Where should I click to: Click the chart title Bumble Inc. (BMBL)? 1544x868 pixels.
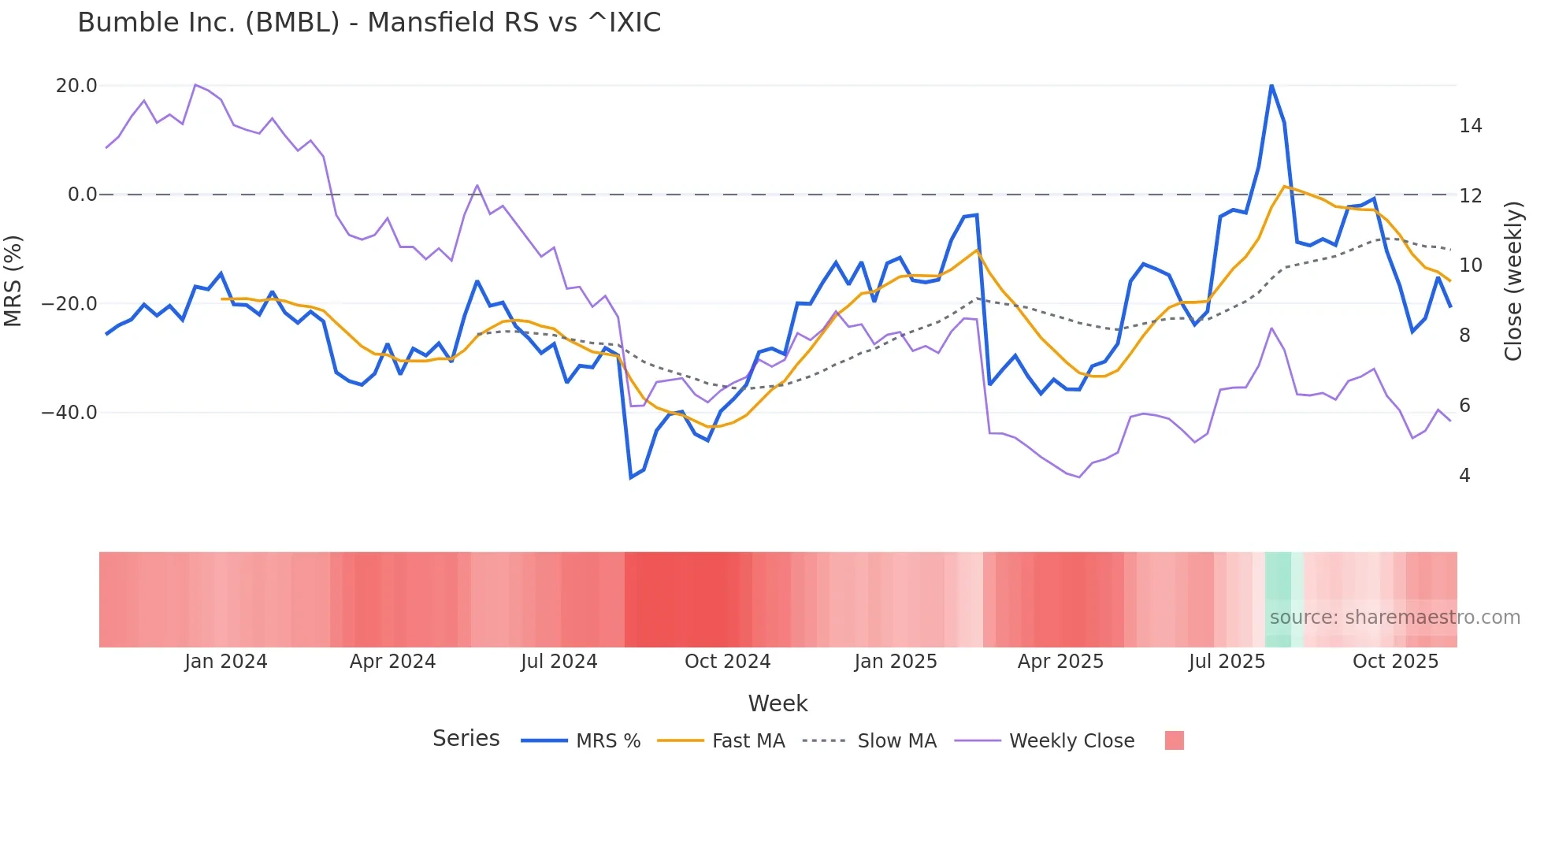[x=369, y=23]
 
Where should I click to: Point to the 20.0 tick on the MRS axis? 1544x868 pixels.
[x=76, y=86]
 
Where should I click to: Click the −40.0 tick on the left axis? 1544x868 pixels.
[x=69, y=413]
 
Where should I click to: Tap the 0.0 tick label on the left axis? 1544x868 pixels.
[x=82, y=195]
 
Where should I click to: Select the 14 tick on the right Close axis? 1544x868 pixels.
[x=1470, y=126]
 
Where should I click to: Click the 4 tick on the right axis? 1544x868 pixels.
[x=1464, y=476]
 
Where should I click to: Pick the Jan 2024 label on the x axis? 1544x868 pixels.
[x=226, y=662]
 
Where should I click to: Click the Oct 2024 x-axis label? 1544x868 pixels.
[x=727, y=662]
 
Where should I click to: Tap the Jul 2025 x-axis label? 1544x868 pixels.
[x=1227, y=662]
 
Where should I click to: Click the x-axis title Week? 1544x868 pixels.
[x=778, y=703]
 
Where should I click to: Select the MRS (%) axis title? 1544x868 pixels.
[x=13, y=281]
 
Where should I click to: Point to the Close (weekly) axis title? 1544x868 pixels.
[x=1512, y=281]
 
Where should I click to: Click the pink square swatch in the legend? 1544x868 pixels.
[x=1174, y=740]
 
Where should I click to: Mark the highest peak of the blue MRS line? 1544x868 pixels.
[x=1271, y=85]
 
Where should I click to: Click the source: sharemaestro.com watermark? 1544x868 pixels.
[x=1394, y=618]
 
